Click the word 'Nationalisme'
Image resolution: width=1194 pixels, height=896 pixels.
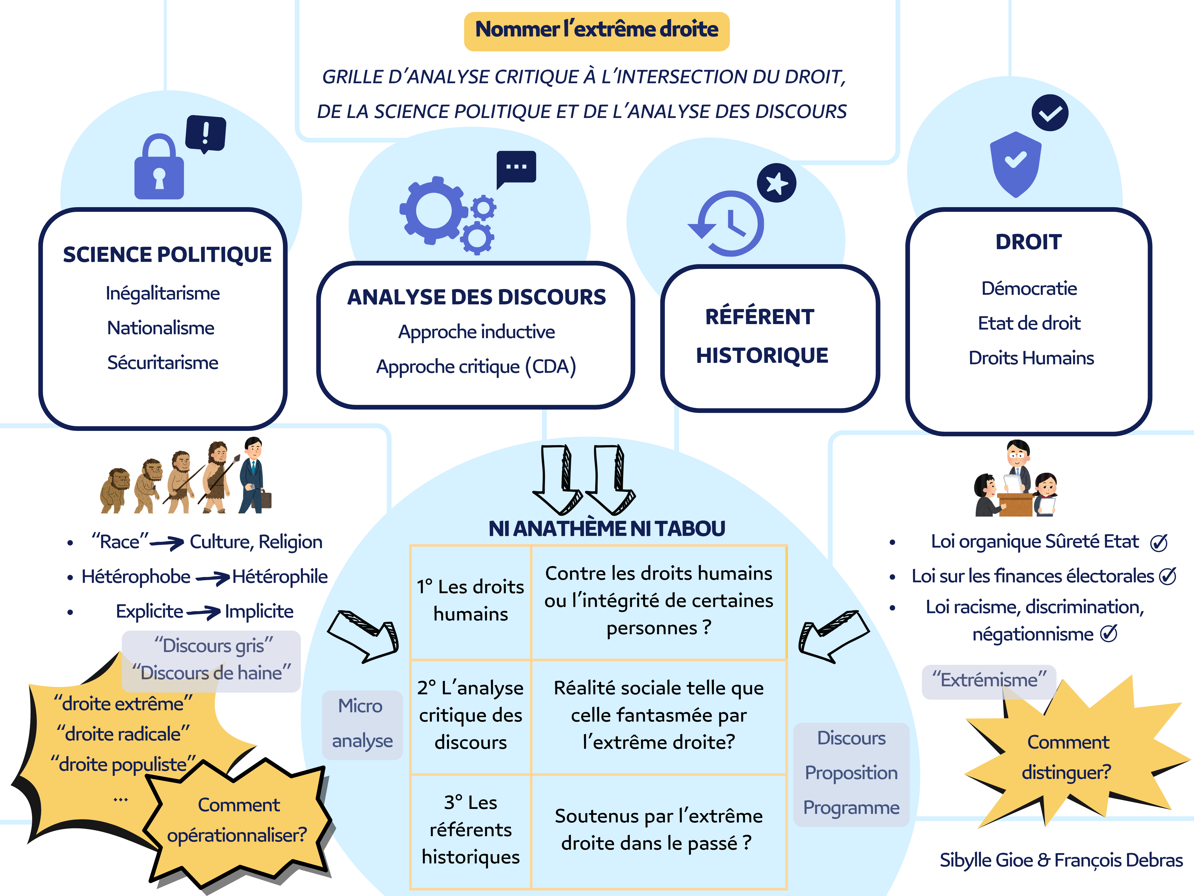pos(161,328)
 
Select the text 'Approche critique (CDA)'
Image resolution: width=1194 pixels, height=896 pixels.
pos(476,367)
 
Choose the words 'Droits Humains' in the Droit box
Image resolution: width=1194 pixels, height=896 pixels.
pos(1031,358)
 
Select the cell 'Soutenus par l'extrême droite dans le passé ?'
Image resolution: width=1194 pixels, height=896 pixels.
pos(658,830)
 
